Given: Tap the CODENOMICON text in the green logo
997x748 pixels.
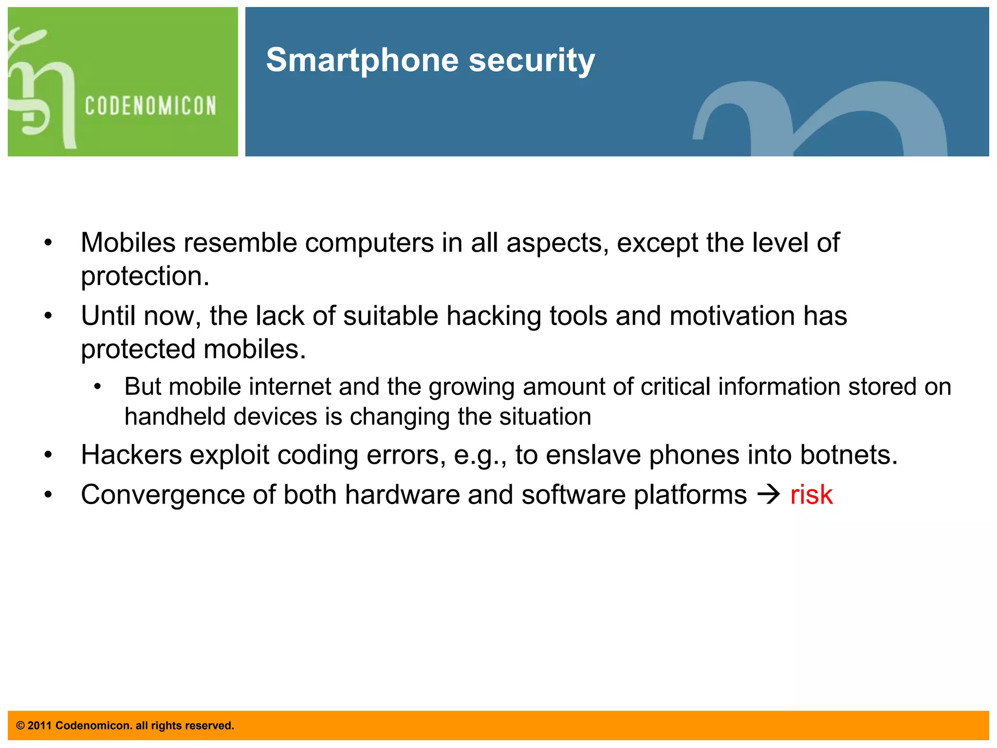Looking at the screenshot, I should click(150, 106).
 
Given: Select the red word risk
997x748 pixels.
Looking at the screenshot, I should click(811, 495).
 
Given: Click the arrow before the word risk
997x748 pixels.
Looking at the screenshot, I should click(769, 495).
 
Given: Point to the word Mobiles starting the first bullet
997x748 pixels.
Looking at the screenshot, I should click(128, 243).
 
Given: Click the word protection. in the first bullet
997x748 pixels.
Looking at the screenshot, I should click(145, 276).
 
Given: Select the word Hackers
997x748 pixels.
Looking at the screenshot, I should click(131, 455).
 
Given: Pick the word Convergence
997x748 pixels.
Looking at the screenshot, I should click(162, 495).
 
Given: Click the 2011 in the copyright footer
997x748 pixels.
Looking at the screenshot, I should click(39, 726).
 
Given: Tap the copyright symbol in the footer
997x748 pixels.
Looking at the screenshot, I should click(20, 726).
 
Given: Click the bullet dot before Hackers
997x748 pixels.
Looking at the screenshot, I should click(48, 455).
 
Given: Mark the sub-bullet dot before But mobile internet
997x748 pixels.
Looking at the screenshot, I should click(97, 387).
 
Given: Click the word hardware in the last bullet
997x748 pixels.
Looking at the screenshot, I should click(402, 495).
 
